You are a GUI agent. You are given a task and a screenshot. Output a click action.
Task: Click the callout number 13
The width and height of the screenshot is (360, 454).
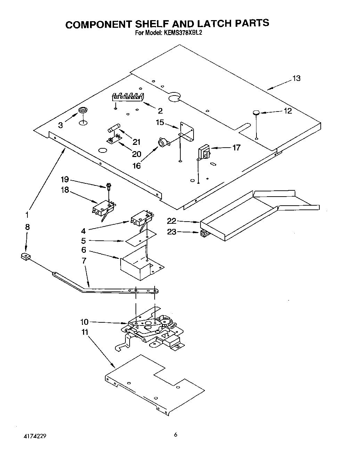coord(296,79)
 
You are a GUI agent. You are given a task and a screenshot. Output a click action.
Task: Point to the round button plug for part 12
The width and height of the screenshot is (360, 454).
coord(256,112)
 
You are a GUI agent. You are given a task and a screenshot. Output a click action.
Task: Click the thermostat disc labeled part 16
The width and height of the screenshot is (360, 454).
coord(162,142)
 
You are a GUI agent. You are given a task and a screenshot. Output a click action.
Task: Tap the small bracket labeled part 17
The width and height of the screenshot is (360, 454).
coord(203,153)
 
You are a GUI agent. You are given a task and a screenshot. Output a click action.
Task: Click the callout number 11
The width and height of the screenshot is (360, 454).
coord(85,332)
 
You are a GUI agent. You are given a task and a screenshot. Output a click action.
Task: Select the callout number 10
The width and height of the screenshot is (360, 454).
coord(84,322)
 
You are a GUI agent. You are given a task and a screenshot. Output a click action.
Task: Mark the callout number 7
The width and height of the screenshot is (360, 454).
coord(84,260)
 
